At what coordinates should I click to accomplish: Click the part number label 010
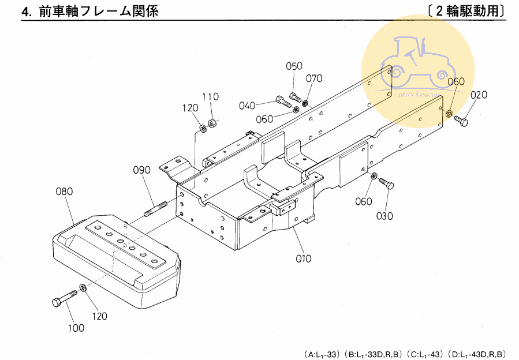pos(303,258)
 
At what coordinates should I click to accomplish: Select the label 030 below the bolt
pos(384,216)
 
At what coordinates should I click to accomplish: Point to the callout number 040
pos(247,106)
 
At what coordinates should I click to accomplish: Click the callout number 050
pos(294,66)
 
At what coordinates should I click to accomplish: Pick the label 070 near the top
pos(314,78)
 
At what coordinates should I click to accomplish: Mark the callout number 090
pos(142,170)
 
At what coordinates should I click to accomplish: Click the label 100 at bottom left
pos(76,328)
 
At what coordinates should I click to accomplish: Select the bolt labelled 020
pos(461,121)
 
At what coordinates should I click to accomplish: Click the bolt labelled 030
pos(387,184)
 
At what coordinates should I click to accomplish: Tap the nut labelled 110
pos(212,122)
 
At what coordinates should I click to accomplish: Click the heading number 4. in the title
pos(27,12)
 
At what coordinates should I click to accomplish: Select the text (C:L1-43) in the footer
pos(425,353)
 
